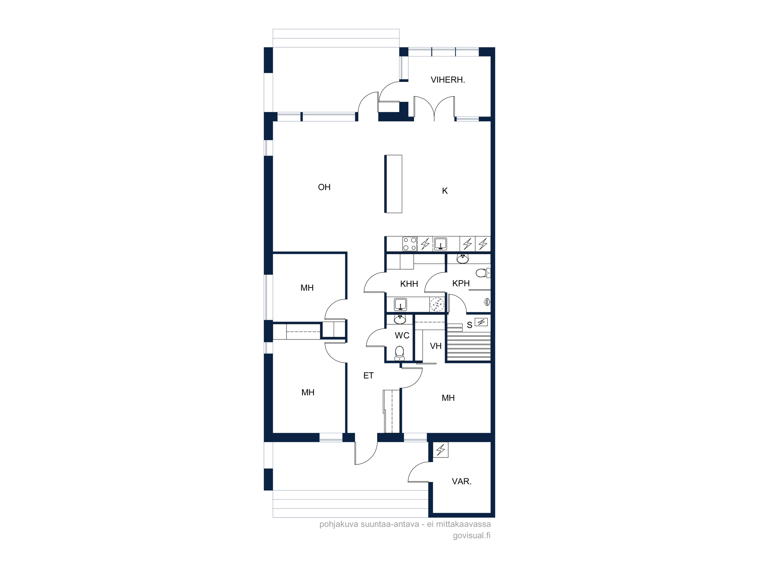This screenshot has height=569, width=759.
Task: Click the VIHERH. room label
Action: click(447, 80)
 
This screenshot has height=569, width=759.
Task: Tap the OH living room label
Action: click(324, 187)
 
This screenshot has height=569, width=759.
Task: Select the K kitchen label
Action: click(445, 191)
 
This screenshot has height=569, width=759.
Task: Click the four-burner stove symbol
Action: click(410, 244)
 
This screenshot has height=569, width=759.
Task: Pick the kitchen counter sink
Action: click(441, 244)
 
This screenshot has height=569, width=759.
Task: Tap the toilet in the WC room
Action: click(400, 353)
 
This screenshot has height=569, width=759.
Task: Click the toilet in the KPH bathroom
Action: click(483, 273)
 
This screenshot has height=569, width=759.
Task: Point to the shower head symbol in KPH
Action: click(487, 302)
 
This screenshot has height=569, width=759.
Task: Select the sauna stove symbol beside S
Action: click(481, 322)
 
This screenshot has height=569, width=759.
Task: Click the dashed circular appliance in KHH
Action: click(437, 304)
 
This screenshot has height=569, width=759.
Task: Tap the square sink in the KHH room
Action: click(400, 304)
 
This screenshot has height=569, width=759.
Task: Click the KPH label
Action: click(461, 283)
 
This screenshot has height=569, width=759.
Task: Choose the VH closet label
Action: click(436, 346)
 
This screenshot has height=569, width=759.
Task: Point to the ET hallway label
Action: click(368, 376)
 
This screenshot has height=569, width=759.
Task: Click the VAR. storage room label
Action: click(461, 481)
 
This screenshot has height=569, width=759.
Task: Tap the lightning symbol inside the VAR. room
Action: click(441, 450)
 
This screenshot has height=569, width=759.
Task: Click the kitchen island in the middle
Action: click(393, 184)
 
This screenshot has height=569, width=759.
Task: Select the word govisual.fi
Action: click(471, 536)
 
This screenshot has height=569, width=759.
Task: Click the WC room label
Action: click(402, 335)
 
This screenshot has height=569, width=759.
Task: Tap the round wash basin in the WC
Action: click(400, 319)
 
